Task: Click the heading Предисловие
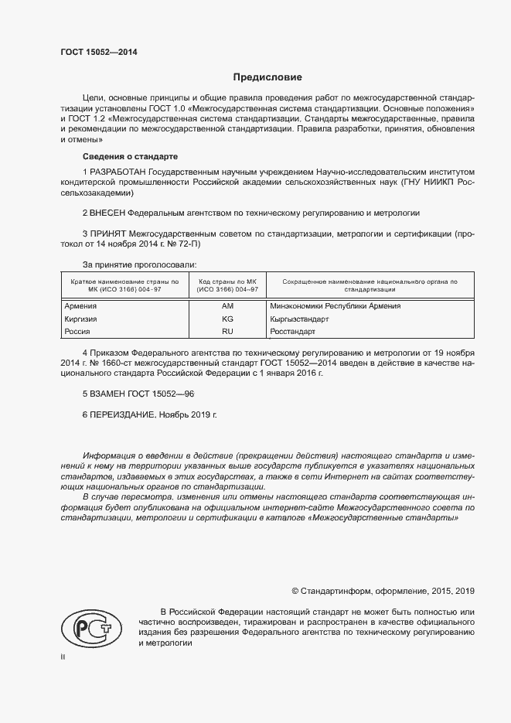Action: tap(267, 77)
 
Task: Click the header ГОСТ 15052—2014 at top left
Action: tap(91, 53)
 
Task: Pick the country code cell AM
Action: tap(227, 305)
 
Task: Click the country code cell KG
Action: tap(227, 318)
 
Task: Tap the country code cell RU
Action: tap(227, 331)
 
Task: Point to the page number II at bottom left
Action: tap(63, 656)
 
